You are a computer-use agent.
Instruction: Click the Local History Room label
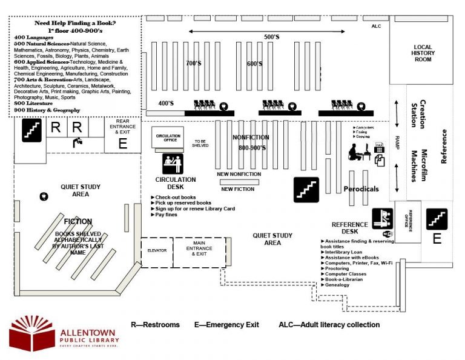[x=423, y=53]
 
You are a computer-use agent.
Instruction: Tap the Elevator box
[x=157, y=250]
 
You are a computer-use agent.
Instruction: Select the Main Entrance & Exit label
[x=199, y=250]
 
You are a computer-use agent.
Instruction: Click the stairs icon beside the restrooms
[x=32, y=130]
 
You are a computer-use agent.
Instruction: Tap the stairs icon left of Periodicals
[x=306, y=189]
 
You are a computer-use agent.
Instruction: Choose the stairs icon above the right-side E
[x=437, y=218]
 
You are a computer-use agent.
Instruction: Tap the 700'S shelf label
[x=194, y=63]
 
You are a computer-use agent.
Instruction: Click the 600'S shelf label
[x=254, y=63]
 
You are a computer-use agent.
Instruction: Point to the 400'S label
[x=166, y=103]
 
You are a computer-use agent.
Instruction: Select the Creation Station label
[x=418, y=113]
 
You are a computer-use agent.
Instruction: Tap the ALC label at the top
[x=375, y=27]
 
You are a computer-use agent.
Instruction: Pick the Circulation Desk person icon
[x=173, y=164]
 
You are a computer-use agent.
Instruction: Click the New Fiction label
[x=237, y=189]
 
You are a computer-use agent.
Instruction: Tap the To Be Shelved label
[x=200, y=143]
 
